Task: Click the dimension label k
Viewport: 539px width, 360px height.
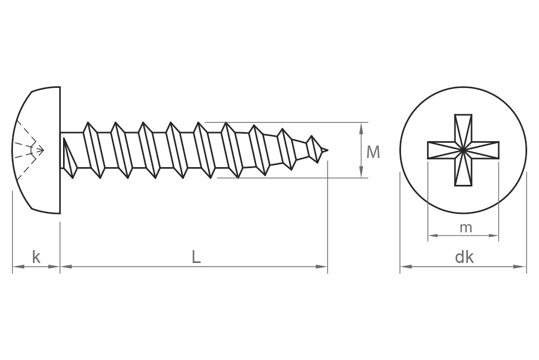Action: pos(36,258)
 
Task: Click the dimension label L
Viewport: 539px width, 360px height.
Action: pos(196,258)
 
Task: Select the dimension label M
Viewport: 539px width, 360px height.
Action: pos(373,153)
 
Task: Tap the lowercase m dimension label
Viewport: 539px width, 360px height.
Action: pos(466,228)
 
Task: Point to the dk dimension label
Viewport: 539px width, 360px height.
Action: pos(464,258)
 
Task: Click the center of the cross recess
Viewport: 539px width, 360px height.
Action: pos(463,150)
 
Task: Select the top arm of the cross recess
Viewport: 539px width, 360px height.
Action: pos(463,127)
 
